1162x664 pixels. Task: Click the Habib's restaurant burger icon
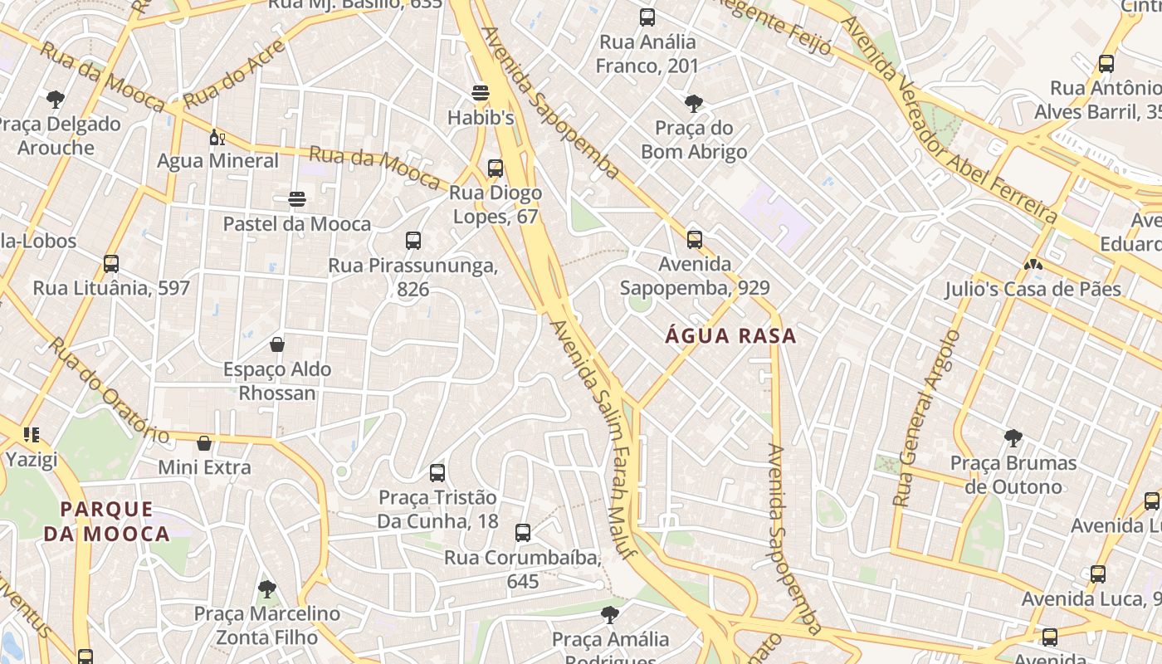click(x=481, y=91)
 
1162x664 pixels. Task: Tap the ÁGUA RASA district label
click(x=730, y=336)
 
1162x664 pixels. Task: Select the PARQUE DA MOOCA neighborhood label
click(x=106, y=521)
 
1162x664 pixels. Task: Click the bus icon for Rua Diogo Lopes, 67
click(x=496, y=168)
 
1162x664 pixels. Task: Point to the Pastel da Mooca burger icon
click(x=297, y=199)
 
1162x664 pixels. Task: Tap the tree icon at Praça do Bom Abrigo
click(x=694, y=104)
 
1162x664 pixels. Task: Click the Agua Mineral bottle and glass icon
click(x=217, y=137)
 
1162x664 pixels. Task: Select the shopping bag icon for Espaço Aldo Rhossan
click(x=277, y=344)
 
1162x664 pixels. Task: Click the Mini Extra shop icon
click(x=204, y=443)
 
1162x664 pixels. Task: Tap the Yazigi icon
click(x=32, y=434)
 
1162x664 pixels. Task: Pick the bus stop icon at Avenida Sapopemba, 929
click(x=695, y=240)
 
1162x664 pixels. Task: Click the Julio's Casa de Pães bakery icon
click(x=1033, y=265)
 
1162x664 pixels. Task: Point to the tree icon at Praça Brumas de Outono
click(x=1013, y=437)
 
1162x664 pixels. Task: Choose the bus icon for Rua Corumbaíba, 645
click(x=523, y=533)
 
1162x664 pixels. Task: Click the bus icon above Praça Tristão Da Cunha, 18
click(x=437, y=473)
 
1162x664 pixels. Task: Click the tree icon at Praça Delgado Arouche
click(x=56, y=100)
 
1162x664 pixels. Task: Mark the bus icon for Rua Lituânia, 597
click(x=111, y=264)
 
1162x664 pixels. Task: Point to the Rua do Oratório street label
click(x=108, y=390)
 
